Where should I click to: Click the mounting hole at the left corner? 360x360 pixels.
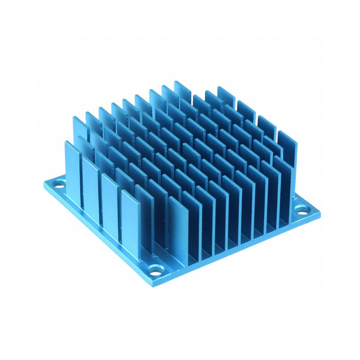coord(58,183)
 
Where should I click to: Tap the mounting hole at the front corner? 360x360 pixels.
coord(156,271)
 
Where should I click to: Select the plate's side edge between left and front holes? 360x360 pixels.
coord(99,234)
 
